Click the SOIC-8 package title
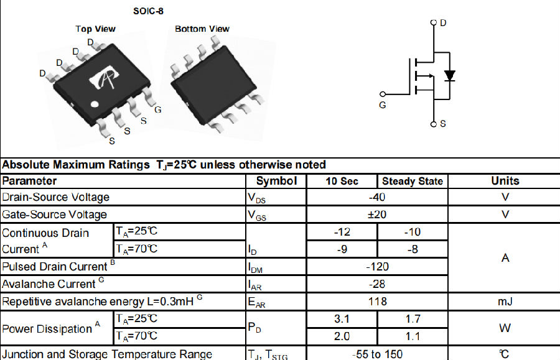pos(148,11)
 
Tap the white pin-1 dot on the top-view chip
pos(95,104)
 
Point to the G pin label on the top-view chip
pos(158,110)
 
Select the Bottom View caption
pos(202,29)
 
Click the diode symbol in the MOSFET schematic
pos(450,76)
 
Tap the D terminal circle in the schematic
pos(434,22)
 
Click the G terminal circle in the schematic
pos(383,94)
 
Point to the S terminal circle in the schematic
pos(434,124)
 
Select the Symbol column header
pos(276,181)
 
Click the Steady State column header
pos(413,182)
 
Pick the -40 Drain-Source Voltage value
pos(377,197)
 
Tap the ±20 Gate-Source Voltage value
pos(377,215)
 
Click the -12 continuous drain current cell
pos(342,232)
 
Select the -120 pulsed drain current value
pos(377,267)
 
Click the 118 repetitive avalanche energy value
pos(378,302)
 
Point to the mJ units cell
pos(505,302)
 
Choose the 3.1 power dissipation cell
pos(342,318)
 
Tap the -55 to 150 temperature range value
pos(378,354)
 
